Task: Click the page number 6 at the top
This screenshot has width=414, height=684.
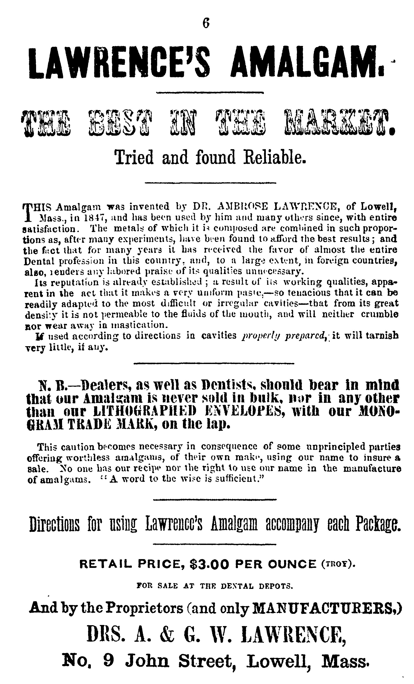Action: tap(206, 23)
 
